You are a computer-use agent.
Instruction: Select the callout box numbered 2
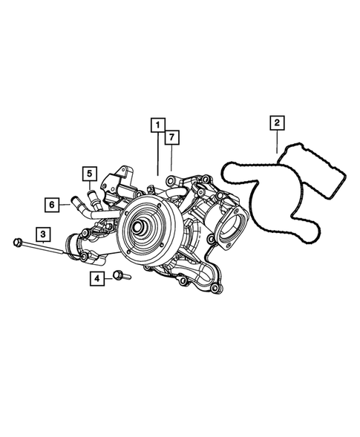(x=276, y=122)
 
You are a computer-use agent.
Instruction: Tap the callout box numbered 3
(x=45, y=235)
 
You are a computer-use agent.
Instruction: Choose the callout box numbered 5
(x=88, y=174)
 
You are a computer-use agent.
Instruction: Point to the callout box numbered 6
(x=52, y=203)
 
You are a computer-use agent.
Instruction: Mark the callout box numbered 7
(x=171, y=137)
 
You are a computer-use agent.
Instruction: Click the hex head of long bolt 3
(x=16, y=240)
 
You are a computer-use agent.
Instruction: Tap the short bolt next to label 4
(x=120, y=277)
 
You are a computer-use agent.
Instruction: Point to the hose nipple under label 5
(x=93, y=197)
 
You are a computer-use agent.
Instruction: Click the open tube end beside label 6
(x=73, y=201)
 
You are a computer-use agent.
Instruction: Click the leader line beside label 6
(x=64, y=203)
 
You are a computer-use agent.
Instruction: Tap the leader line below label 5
(x=89, y=187)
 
